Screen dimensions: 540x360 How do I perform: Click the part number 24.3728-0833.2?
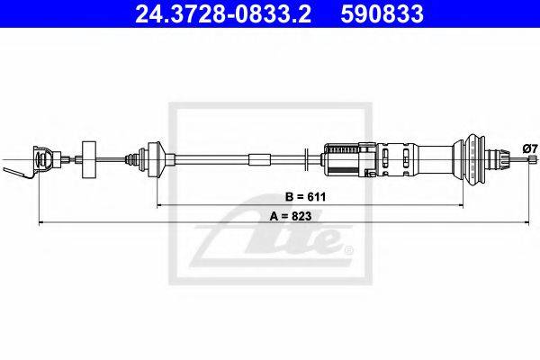tap(223, 13)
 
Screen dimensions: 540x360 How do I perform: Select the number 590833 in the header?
tap(382, 13)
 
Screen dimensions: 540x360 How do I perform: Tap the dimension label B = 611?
tap(305, 197)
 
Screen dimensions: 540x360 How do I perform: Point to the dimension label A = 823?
tap(291, 216)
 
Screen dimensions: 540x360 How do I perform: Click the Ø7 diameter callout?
tap(530, 148)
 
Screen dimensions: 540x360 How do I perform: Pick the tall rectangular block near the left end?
tap(89, 159)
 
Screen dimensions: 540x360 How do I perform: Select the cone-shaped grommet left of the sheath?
tap(156, 159)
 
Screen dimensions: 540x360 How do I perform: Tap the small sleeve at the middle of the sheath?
tap(260, 160)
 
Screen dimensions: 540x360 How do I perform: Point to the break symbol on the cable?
tap(306, 159)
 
